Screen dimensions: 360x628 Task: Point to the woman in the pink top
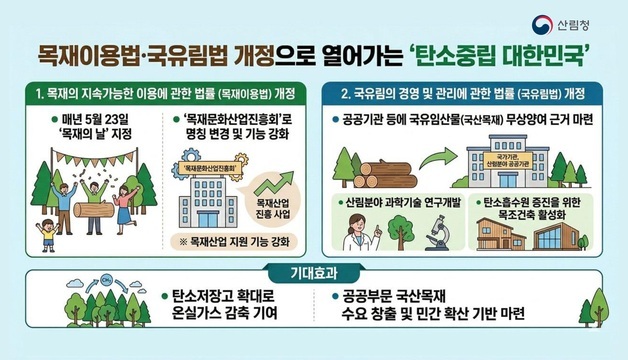pos(127,195)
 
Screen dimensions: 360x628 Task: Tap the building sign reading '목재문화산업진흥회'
pos(217,168)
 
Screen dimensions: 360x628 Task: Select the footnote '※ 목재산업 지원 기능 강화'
pos(232,242)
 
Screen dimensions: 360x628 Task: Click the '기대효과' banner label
pos(314,272)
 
